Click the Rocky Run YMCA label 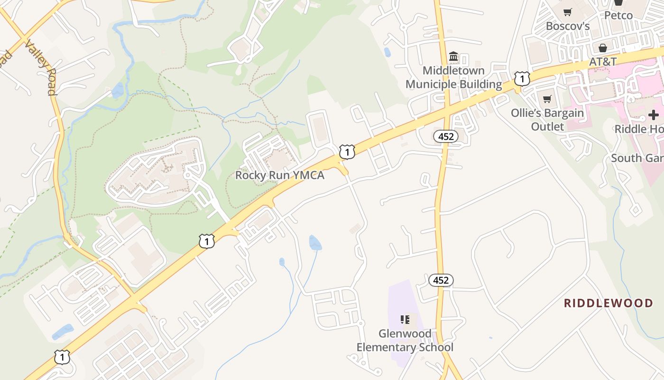point(280,175)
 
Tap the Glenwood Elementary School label point(405,341)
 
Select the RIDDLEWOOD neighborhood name point(608,303)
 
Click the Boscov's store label point(567,26)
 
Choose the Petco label point(618,15)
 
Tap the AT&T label point(602,62)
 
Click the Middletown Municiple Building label point(453,77)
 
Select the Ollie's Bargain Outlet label point(547,120)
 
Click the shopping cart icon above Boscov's point(567,12)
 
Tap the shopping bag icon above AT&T point(602,48)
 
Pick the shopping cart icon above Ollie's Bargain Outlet point(547,99)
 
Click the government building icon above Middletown point(453,57)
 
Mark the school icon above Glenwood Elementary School point(405,320)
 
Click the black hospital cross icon point(654,114)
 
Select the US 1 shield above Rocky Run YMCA point(347,152)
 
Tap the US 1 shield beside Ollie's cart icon point(522,78)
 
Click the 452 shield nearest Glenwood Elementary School point(441,280)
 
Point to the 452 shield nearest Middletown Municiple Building point(446,137)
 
